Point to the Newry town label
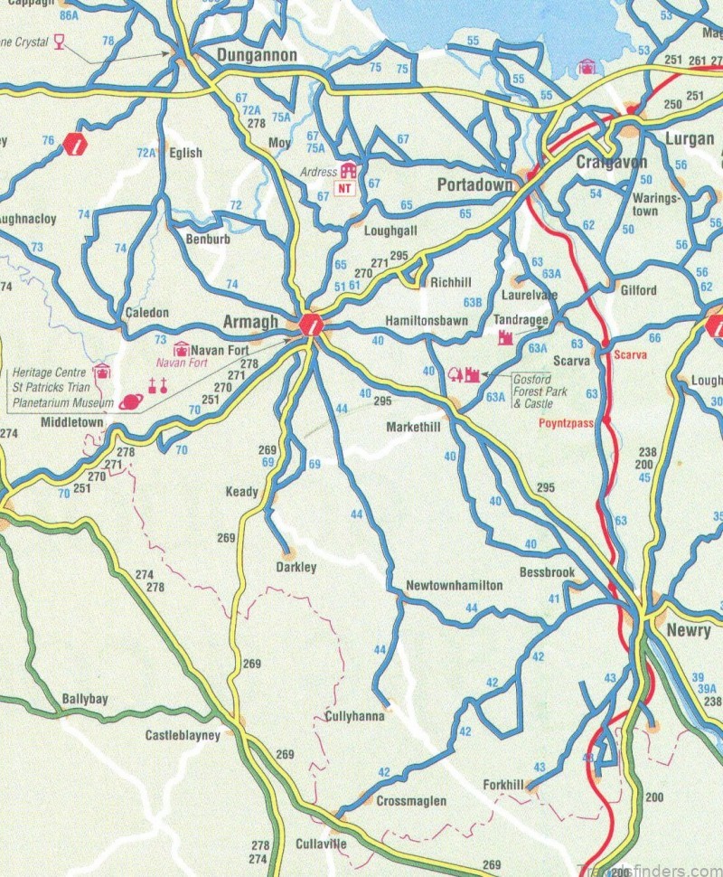pos(688,631)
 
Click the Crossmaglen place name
pos(410,801)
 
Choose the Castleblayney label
pos(183,736)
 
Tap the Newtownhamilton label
pos(454,586)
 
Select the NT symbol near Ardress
pos(345,188)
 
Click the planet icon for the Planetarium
pos(130,403)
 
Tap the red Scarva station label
pos(630,355)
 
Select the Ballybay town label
pos(85,700)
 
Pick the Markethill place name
pos(414,427)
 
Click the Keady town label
pos(241,492)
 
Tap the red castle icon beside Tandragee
pos(506,337)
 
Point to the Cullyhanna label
pos(354,716)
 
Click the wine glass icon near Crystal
pos(60,41)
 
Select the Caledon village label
pos(146,313)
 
